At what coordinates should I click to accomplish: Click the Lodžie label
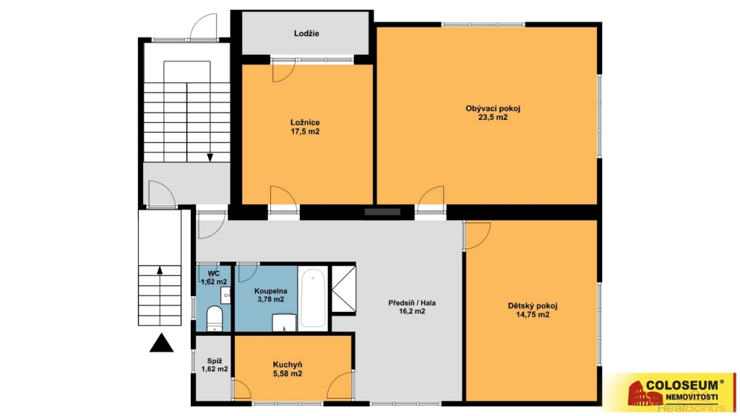click(306, 33)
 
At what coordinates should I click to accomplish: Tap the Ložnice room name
click(305, 123)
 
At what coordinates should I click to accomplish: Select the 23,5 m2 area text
click(493, 118)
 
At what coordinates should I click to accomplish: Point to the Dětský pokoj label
click(533, 305)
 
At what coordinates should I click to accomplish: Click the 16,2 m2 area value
click(412, 311)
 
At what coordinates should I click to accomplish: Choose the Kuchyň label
click(288, 365)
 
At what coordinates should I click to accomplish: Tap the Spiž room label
click(215, 361)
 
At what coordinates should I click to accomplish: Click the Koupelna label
click(270, 291)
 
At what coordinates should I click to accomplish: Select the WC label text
click(214, 274)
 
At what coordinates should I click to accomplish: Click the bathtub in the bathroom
click(313, 298)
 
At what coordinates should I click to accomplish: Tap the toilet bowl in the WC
click(215, 318)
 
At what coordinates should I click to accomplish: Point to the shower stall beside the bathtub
click(343, 289)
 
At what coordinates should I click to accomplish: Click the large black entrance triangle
click(161, 343)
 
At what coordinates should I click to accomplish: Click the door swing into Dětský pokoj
click(478, 235)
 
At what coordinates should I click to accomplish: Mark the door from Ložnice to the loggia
click(283, 71)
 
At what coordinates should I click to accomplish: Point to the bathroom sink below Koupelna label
click(284, 323)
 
